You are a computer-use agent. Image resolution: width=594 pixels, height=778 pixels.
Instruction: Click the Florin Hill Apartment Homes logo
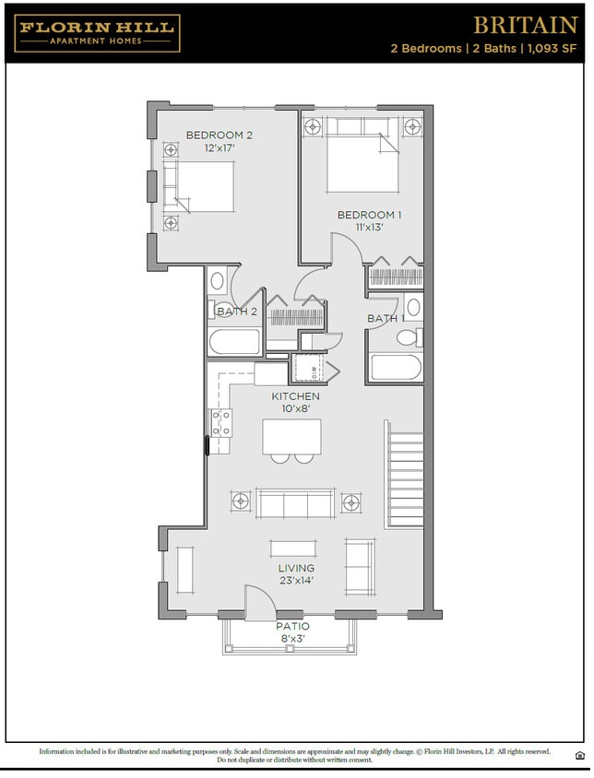coord(97,33)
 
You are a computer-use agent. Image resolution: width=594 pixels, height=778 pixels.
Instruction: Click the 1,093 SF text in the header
coord(551,49)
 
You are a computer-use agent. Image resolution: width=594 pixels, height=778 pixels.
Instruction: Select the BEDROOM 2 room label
coord(219,136)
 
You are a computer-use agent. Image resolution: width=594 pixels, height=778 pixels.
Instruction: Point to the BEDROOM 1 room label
coord(368,215)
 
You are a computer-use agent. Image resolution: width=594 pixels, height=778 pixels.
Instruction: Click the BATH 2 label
coord(236,312)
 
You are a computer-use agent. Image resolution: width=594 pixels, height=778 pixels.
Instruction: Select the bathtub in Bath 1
coord(396,367)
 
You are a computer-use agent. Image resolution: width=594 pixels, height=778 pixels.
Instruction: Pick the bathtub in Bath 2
coord(235,342)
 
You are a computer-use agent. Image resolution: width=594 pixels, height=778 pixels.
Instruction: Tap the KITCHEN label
coord(295,396)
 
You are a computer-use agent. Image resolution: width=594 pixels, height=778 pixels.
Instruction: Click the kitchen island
coord(292,436)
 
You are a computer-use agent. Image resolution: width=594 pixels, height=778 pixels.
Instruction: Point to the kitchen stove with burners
coord(221,422)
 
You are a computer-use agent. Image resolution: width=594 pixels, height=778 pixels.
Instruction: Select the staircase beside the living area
coord(405,480)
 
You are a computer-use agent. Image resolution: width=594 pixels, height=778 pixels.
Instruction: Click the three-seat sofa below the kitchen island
coord(295,503)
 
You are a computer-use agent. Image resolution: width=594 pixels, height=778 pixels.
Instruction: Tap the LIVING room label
coord(296,569)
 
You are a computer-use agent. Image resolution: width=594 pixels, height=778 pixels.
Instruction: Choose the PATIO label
coord(292,627)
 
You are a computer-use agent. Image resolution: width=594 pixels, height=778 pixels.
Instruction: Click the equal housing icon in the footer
coord(579,755)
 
